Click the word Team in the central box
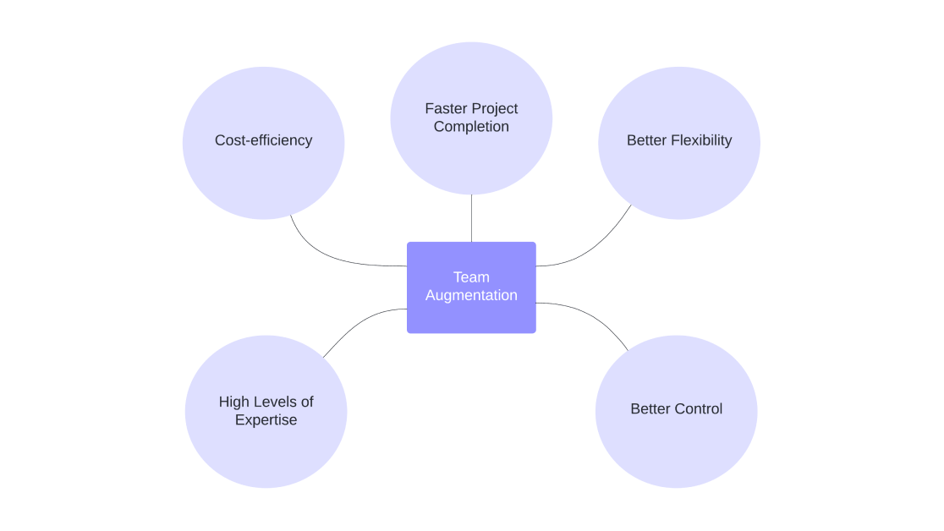tap(471, 277)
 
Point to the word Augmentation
tap(471, 296)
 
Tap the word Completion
tap(471, 127)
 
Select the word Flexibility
tap(701, 140)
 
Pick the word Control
tap(699, 409)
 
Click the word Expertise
tap(266, 420)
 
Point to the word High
tap(234, 402)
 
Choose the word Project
tap(496, 108)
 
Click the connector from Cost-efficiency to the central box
tap(330, 257)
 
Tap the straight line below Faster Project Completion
tap(471, 218)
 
